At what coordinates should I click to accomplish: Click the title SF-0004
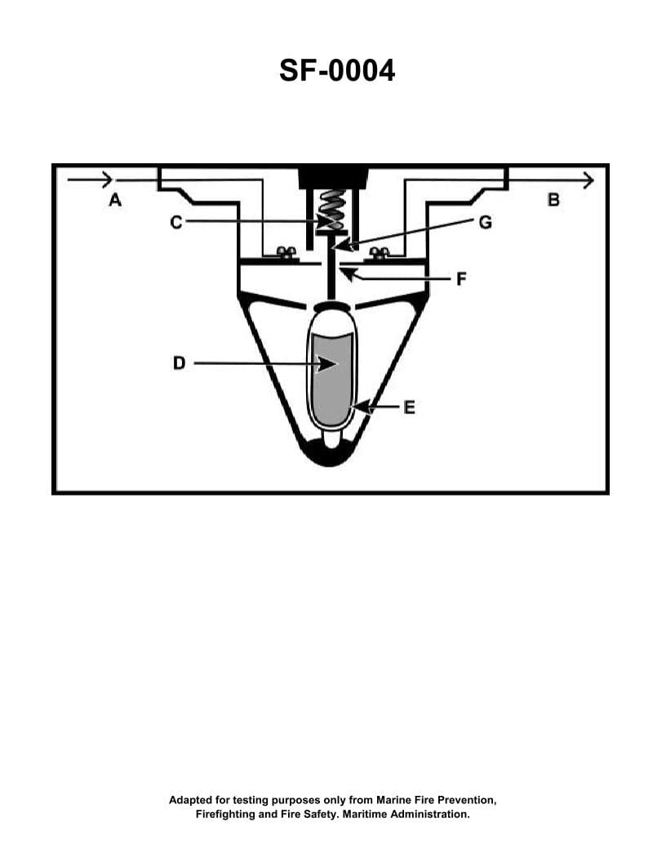pyautogui.click(x=336, y=71)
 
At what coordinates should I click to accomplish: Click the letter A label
pyautogui.click(x=115, y=199)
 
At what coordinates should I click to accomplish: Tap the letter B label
pyautogui.click(x=553, y=198)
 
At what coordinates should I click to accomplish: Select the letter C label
pyautogui.click(x=176, y=221)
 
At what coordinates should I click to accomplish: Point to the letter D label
pyautogui.click(x=180, y=363)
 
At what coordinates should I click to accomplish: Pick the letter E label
pyautogui.click(x=409, y=407)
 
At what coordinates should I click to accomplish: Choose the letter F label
pyautogui.click(x=461, y=278)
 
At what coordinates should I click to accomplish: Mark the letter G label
pyautogui.click(x=485, y=221)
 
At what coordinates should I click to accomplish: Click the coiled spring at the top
pyautogui.click(x=333, y=211)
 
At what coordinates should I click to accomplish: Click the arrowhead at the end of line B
pyautogui.click(x=587, y=180)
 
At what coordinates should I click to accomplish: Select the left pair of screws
pyautogui.click(x=285, y=253)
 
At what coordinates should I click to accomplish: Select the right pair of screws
pyautogui.click(x=379, y=253)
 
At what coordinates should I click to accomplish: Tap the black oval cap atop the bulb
pyautogui.click(x=332, y=307)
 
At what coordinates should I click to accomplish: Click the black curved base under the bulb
pyautogui.click(x=332, y=456)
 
